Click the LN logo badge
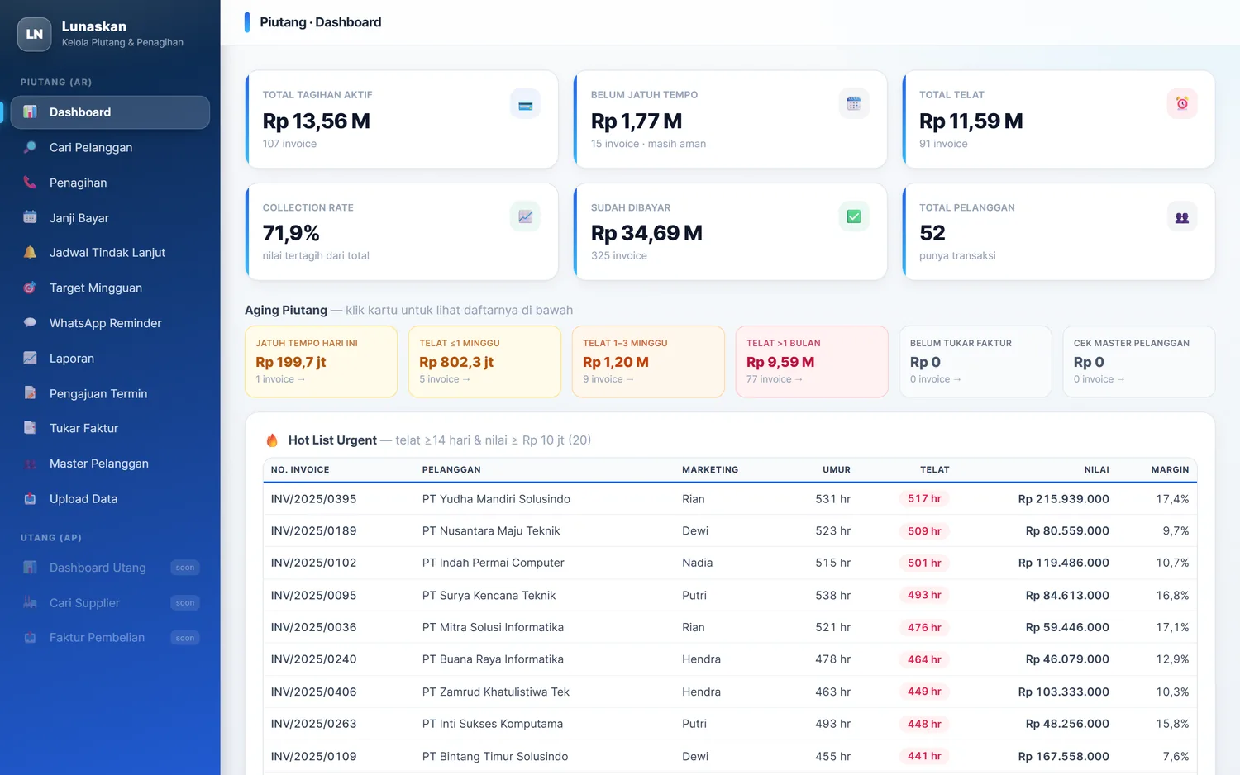[35, 34]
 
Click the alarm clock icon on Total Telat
[1182, 103]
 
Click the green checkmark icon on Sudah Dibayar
[853, 216]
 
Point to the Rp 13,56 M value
[316, 121]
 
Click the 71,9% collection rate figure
[291, 233]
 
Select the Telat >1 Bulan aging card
[812, 361]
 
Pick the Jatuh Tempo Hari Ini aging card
[321, 361]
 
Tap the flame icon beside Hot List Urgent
[272, 440]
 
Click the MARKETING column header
[709, 469]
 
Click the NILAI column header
[1096, 469]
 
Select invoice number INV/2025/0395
[313, 498]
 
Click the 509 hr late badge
[924, 531]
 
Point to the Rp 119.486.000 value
[1063, 563]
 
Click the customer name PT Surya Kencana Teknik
[489, 595]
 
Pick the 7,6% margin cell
[1176, 756]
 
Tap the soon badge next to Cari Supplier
[185, 602]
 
